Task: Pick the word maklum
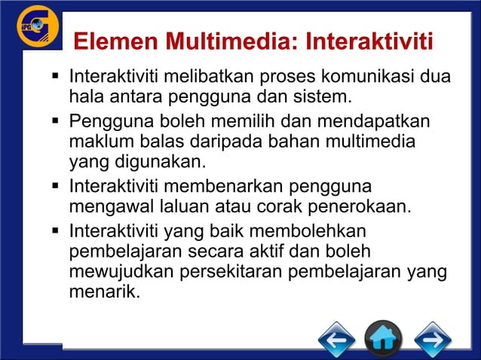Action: (98, 141)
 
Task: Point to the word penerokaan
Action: (366, 206)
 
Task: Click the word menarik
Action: (105, 291)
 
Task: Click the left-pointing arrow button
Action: (336, 338)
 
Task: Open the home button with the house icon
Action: (383, 338)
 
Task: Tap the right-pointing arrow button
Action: (433, 338)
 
